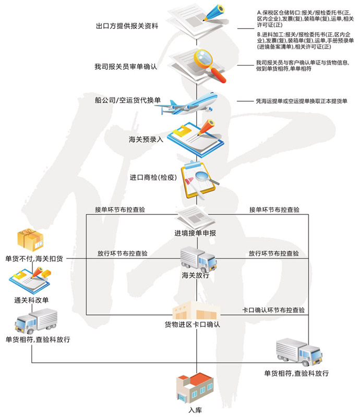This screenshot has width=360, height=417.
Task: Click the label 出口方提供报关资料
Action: (x=127, y=26)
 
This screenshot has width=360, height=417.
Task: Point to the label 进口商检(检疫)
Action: (x=151, y=177)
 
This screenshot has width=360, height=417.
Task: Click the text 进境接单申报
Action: (x=195, y=233)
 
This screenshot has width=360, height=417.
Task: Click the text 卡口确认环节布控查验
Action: (x=273, y=310)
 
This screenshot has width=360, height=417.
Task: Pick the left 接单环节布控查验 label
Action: (x=120, y=210)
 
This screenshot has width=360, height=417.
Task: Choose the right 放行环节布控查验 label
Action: (x=274, y=253)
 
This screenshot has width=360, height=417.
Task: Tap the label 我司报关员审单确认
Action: (x=126, y=67)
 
